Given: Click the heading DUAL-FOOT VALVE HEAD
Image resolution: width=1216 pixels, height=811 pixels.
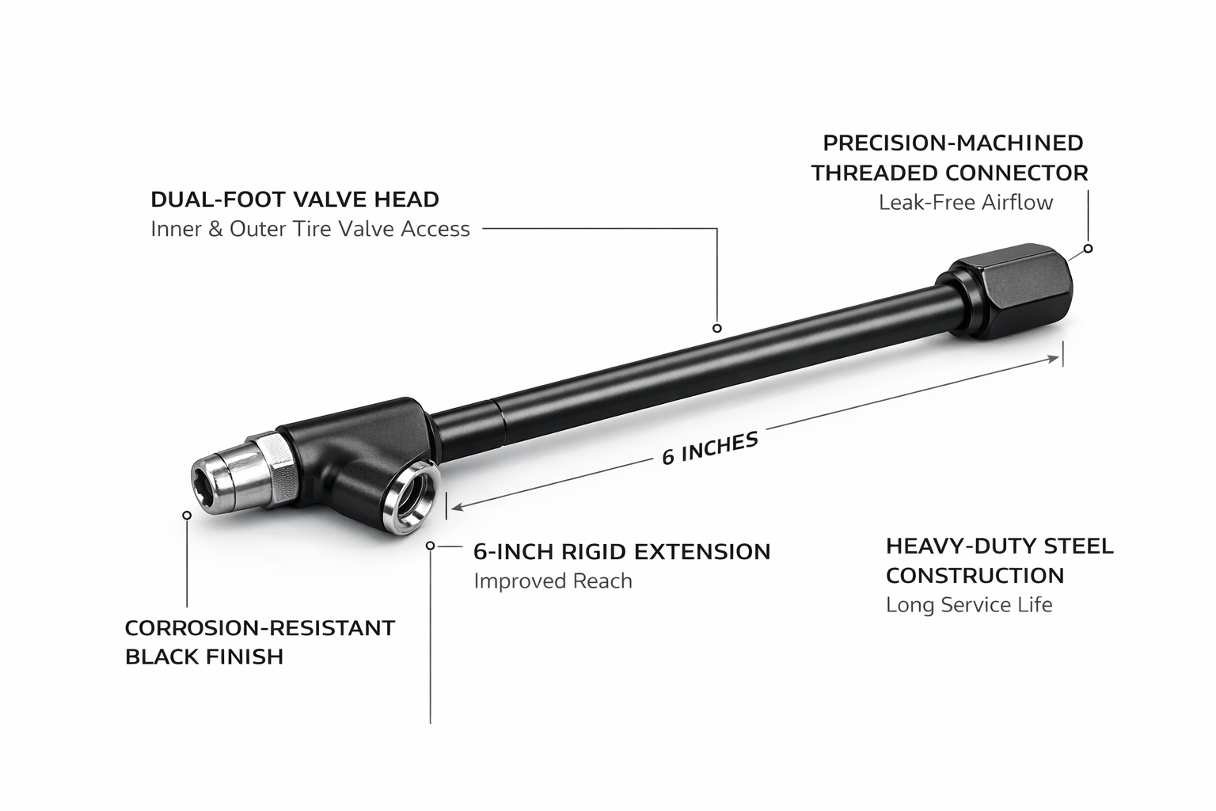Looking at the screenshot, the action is click(294, 200).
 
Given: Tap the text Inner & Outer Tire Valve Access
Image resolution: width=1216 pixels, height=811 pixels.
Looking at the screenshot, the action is click(310, 229).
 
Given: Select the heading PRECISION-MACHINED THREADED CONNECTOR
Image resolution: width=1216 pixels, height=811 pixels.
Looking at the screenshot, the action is click(949, 158).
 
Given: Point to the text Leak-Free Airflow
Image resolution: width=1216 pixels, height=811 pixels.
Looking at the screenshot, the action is click(966, 203).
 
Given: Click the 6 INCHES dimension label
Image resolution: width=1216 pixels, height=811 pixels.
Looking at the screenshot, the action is click(710, 448).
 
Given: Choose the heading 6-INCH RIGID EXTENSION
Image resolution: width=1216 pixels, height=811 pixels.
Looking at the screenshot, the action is click(622, 551).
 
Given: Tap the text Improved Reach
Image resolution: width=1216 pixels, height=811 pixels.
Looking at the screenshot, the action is click(553, 581).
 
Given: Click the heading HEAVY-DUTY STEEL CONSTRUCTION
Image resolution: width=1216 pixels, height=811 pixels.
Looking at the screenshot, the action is click(999, 561).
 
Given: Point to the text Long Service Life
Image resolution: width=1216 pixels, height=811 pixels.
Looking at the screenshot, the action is click(969, 604).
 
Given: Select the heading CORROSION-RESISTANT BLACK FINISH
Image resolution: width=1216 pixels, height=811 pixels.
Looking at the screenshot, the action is click(260, 642).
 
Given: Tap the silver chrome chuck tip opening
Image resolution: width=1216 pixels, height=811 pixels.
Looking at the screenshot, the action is click(207, 483).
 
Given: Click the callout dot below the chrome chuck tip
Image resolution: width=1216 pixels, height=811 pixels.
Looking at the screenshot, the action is click(187, 515).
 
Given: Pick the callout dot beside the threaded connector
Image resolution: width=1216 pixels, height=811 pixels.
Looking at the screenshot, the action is click(1088, 248).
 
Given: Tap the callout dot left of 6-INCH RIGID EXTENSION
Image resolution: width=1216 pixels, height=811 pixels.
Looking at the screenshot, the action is click(431, 546).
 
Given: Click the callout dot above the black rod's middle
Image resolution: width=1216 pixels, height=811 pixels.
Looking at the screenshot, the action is click(717, 328).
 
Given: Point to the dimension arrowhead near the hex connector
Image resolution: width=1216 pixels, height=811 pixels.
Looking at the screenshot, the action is click(1053, 359).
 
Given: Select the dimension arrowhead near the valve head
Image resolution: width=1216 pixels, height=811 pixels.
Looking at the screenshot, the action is click(458, 506).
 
